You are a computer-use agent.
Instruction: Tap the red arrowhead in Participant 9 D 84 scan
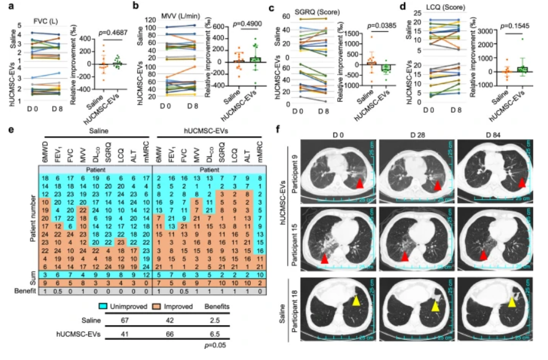point(520,183)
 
